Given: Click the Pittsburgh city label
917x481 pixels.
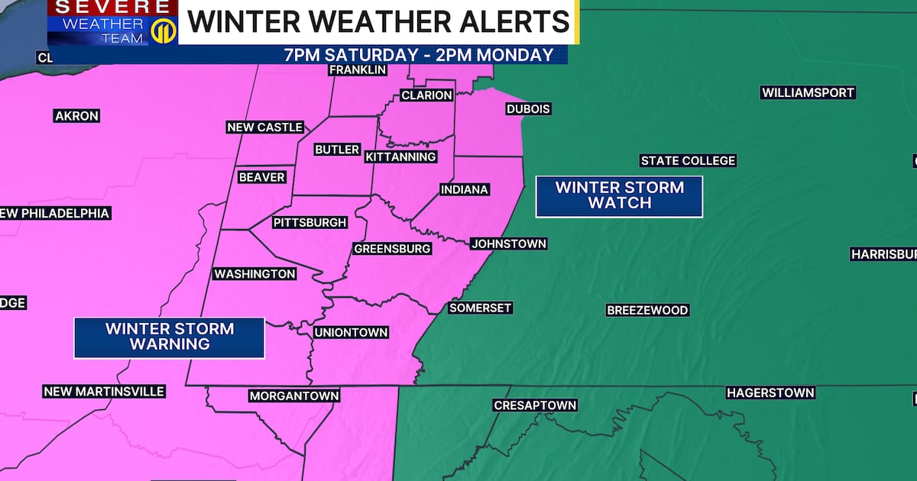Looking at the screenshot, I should (x=310, y=223).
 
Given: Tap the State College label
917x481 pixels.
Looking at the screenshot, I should (x=688, y=160).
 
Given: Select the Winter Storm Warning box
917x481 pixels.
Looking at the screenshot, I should (x=169, y=337).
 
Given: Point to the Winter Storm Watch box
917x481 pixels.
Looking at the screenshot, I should (x=619, y=195).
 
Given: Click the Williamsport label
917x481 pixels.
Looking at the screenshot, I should (x=808, y=92).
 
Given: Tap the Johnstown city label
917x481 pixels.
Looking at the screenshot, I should (x=508, y=244).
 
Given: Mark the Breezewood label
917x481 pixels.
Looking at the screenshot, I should (x=647, y=310).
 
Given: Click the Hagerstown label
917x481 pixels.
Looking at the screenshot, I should (x=770, y=392).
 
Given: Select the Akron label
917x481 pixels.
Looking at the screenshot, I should (x=76, y=116).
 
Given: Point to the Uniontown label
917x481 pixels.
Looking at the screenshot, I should (x=352, y=332).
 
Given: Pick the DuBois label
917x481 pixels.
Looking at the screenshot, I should (x=528, y=109).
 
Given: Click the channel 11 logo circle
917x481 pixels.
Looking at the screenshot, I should (x=161, y=31).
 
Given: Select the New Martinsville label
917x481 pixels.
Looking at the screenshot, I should (x=104, y=391).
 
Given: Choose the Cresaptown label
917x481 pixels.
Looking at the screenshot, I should (x=535, y=405).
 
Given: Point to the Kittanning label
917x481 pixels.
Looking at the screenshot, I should (x=400, y=157).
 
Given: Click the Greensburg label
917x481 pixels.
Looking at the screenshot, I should (x=392, y=248).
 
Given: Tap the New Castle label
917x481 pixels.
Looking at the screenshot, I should (x=265, y=128).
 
